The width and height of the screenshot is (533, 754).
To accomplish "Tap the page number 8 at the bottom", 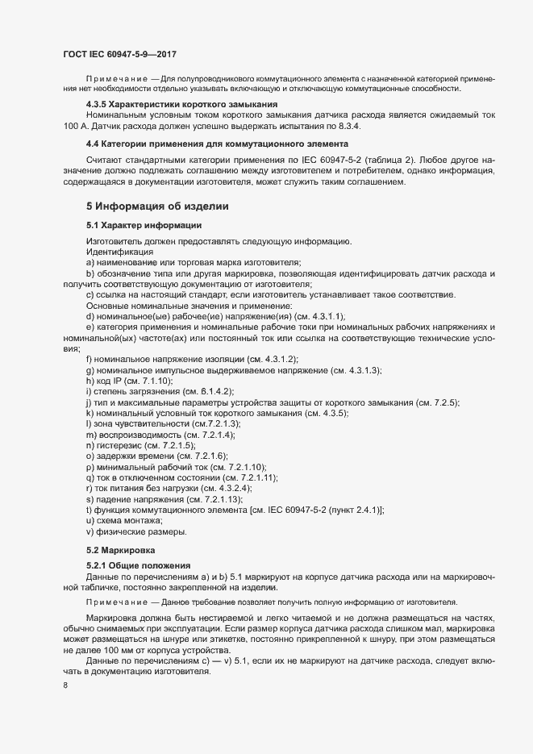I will (65, 686).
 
